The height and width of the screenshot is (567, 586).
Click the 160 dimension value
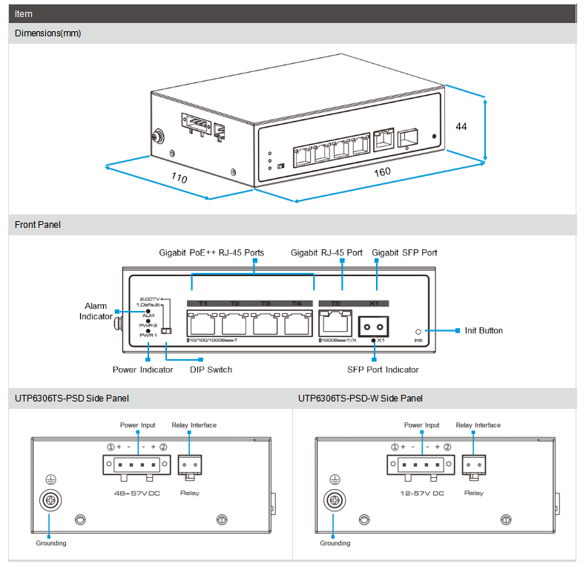382,172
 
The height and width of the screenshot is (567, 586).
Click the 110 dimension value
179,178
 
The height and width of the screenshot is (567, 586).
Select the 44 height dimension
461,126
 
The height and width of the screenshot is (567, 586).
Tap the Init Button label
484,331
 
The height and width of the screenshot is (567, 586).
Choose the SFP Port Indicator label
383,370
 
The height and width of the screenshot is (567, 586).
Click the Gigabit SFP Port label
404,253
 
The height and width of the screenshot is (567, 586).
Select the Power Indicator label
142,370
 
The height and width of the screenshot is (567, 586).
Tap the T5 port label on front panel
335,304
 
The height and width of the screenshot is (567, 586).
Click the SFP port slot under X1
374,326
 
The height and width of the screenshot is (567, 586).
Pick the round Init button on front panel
419,332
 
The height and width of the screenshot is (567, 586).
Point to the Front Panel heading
38,225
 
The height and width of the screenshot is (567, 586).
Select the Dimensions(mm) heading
47,33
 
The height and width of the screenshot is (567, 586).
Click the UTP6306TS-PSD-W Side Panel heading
361,399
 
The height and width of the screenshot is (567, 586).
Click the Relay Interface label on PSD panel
194,425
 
